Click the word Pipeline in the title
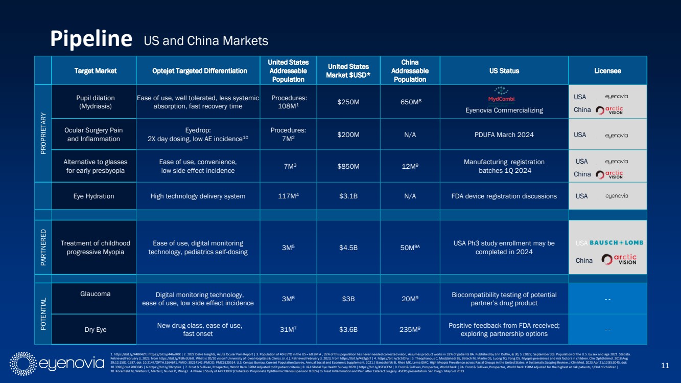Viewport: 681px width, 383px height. pos(91,39)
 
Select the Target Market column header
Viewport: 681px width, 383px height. pos(94,71)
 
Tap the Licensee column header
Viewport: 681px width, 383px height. pos(607,71)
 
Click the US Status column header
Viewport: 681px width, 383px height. pos(504,71)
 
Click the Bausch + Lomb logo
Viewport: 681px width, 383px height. pos(616,242)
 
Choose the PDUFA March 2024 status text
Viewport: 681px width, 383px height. pos(504,134)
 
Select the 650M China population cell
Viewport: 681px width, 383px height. pos(410,102)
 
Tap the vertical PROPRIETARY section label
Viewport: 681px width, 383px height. pos(43,133)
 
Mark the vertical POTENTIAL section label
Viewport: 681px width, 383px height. pos(43,313)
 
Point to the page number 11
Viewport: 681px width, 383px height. pos(665,365)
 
